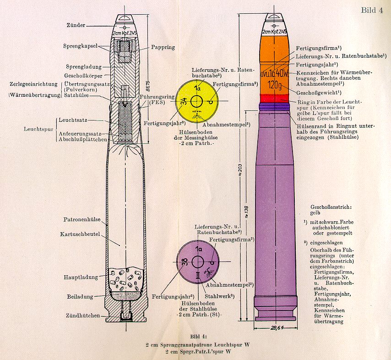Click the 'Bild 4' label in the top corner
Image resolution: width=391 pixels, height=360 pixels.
(371, 11)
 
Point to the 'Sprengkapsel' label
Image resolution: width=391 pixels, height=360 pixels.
(79, 47)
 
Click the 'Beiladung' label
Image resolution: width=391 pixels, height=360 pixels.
(79, 295)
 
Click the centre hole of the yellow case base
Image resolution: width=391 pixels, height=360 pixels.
(198, 101)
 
